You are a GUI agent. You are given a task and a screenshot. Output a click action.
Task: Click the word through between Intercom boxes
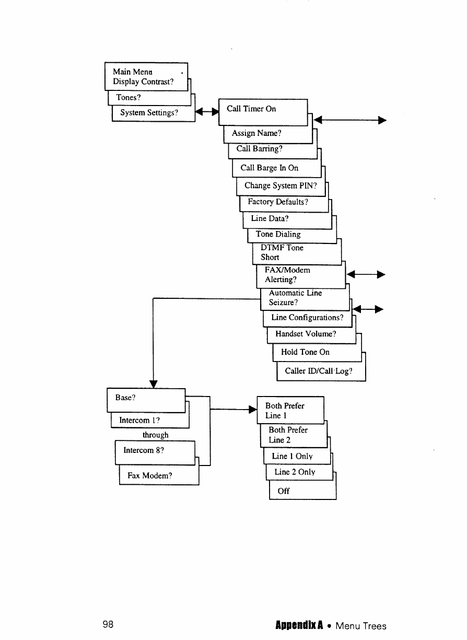pos(156,435)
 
